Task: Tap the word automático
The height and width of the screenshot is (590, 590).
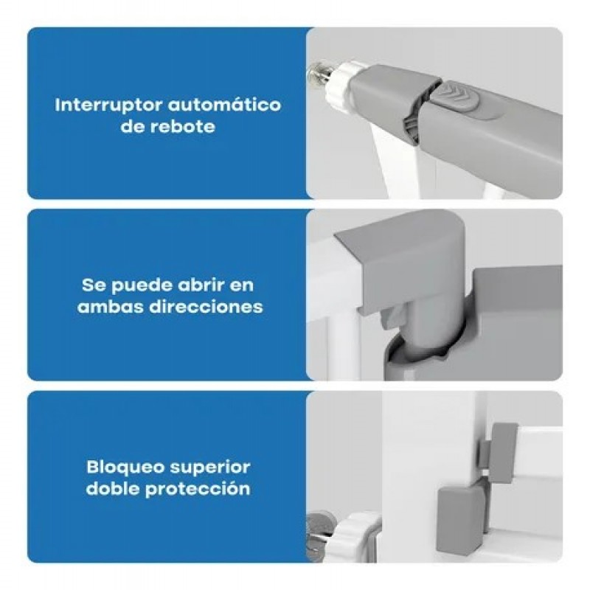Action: click(x=224, y=105)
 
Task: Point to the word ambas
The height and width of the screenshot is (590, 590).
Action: click(x=111, y=307)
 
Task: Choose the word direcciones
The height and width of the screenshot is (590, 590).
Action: click(x=206, y=307)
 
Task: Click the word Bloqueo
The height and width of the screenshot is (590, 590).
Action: click(x=125, y=468)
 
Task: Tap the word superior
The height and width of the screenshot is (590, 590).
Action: click(x=210, y=468)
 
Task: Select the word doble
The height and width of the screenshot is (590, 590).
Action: click(x=113, y=489)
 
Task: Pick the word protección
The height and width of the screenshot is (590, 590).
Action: click(x=198, y=490)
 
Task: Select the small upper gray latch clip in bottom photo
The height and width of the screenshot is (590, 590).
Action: click(x=499, y=452)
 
